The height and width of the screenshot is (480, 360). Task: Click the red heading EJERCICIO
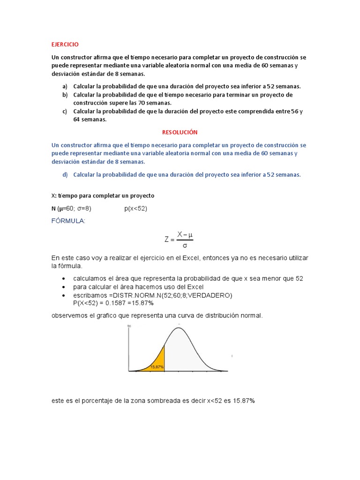(x=65, y=45)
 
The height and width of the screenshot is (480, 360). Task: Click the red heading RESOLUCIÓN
(x=180, y=133)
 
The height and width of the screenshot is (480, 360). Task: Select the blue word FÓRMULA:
(x=68, y=221)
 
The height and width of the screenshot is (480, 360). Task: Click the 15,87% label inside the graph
(x=157, y=367)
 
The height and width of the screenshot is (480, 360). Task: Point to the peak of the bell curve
(x=179, y=328)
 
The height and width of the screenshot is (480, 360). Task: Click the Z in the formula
(x=167, y=239)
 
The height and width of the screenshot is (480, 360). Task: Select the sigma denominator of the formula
(x=185, y=245)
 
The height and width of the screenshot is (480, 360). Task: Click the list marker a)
(x=65, y=86)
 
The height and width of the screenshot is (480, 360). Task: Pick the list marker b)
(x=65, y=95)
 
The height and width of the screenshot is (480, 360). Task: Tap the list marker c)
(x=65, y=111)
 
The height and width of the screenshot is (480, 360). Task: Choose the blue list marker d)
(x=65, y=174)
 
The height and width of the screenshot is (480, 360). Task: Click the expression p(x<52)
(x=135, y=209)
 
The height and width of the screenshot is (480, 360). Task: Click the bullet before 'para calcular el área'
(x=63, y=287)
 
